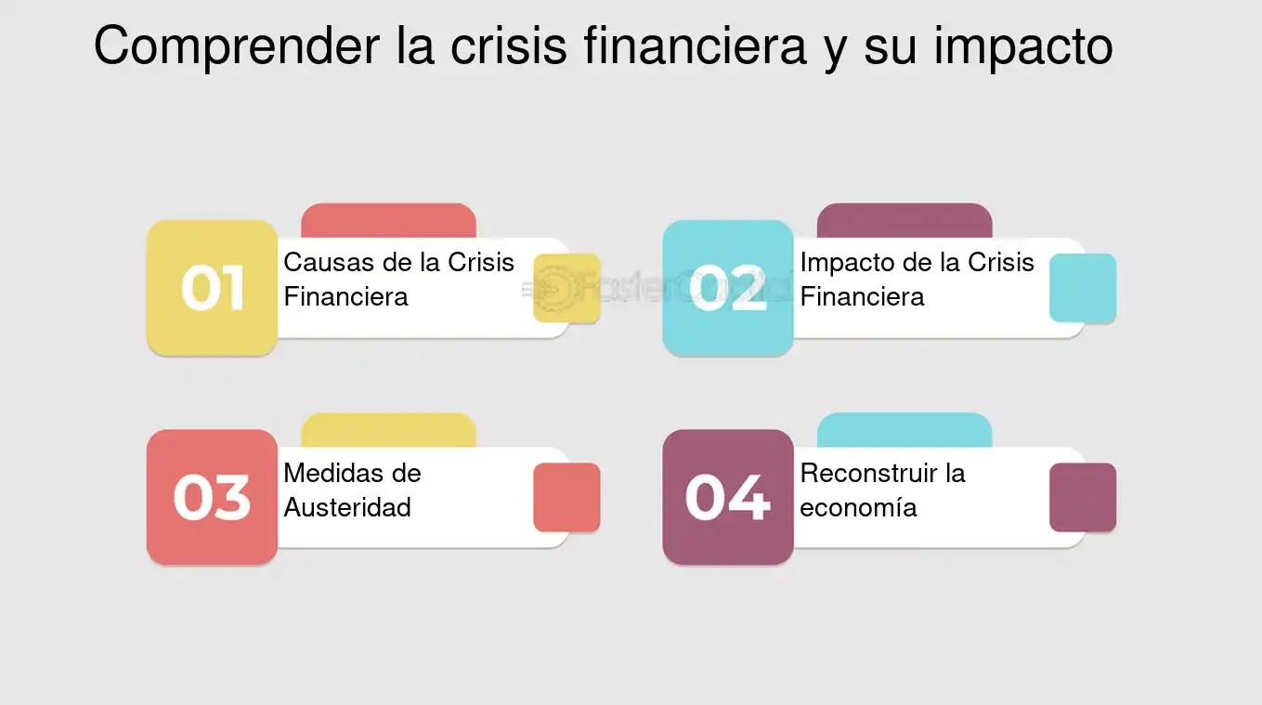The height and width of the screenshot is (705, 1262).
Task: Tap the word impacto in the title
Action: [1023, 47]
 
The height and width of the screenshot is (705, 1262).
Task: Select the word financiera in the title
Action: [696, 46]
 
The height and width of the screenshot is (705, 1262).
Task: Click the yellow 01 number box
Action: [212, 288]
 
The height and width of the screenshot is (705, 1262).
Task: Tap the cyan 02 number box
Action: [728, 288]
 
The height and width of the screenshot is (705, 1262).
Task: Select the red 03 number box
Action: [212, 497]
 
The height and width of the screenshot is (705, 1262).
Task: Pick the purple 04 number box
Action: [728, 497]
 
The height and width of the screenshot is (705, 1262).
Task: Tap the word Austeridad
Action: [347, 507]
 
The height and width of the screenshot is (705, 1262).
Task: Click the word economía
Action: [858, 507]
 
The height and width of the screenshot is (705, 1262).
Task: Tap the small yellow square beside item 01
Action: [566, 288]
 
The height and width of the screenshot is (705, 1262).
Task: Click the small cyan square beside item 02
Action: [1083, 288]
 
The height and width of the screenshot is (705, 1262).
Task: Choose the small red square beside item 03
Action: [566, 497]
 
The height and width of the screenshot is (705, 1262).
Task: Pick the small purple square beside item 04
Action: [1083, 497]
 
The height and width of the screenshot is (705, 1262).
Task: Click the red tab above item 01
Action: [389, 221]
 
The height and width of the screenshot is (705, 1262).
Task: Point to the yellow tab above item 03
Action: [389, 431]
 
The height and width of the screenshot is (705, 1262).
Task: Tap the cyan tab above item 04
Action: [904, 431]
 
